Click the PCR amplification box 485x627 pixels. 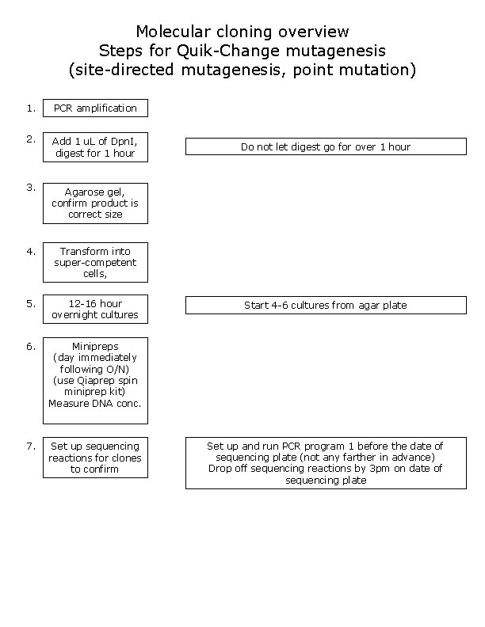[95, 108]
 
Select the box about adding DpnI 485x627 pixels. [95, 147]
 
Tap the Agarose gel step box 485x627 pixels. [95, 203]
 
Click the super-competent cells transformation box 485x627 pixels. [95, 262]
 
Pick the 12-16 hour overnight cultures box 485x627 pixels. [95, 309]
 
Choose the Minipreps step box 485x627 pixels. [95, 381]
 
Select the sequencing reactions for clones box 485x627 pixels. [95, 458]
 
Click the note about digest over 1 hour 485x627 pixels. [326, 146]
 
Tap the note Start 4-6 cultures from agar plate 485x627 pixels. [326, 305]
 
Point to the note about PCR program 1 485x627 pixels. [326, 463]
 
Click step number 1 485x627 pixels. [30, 108]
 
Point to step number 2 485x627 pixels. [30, 139]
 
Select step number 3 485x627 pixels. [30, 188]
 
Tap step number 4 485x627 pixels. [30, 251]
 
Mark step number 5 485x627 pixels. [30, 302]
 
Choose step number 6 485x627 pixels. [30, 346]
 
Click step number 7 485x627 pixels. [30, 446]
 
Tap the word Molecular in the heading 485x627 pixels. [171, 32]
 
